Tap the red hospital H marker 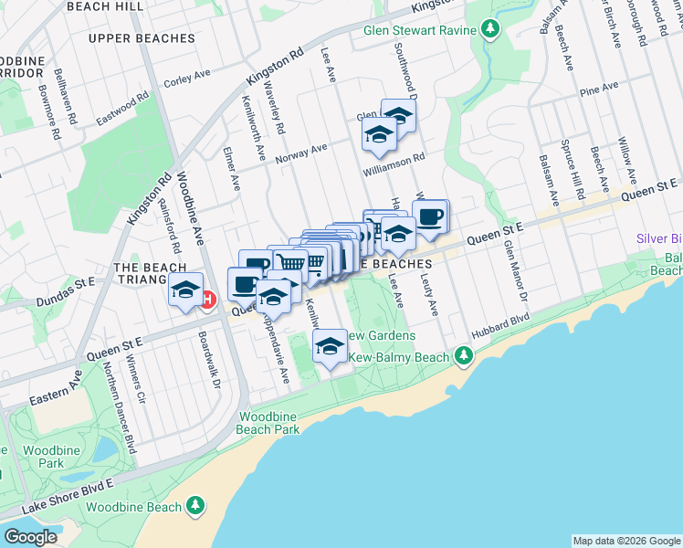[208, 299]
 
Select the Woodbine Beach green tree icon [194, 505]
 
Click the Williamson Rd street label [394, 157]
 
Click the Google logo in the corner [30, 536]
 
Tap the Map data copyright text [625, 541]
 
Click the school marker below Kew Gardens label [330, 347]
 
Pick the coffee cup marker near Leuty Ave [430, 217]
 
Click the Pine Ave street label [599, 89]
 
